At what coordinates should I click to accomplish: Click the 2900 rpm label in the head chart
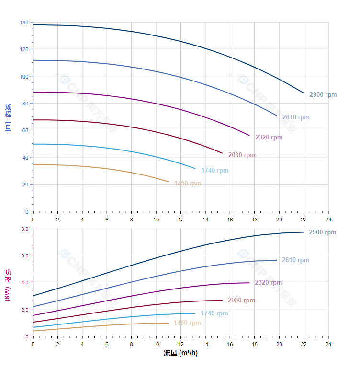point(323,95)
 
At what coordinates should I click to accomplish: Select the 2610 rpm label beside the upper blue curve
point(296,117)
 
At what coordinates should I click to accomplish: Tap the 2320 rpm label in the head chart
point(269,138)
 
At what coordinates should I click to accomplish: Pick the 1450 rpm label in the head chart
point(188,184)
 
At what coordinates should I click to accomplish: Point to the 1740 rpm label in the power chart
point(214,313)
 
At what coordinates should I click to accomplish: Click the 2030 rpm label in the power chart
point(242,301)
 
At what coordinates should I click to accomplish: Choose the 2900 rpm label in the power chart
point(323,232)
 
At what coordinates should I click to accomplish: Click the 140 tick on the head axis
point(24,23)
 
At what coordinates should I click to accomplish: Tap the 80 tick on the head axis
point(25,104)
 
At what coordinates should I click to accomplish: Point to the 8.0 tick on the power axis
point(25,229)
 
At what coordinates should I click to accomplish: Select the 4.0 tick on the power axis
point(25,282)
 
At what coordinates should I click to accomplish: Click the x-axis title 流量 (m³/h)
point(180,353)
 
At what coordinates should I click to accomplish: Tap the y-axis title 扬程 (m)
point(8,117)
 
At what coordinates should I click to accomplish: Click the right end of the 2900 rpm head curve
point(304,93)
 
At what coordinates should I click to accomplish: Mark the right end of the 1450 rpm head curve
point(169,182)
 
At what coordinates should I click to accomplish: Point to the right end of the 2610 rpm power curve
point(277,260)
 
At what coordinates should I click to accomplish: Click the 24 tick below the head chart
point(328,220)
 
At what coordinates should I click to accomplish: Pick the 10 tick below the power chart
point(156,344)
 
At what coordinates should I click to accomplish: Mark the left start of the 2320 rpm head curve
point(33,92)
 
